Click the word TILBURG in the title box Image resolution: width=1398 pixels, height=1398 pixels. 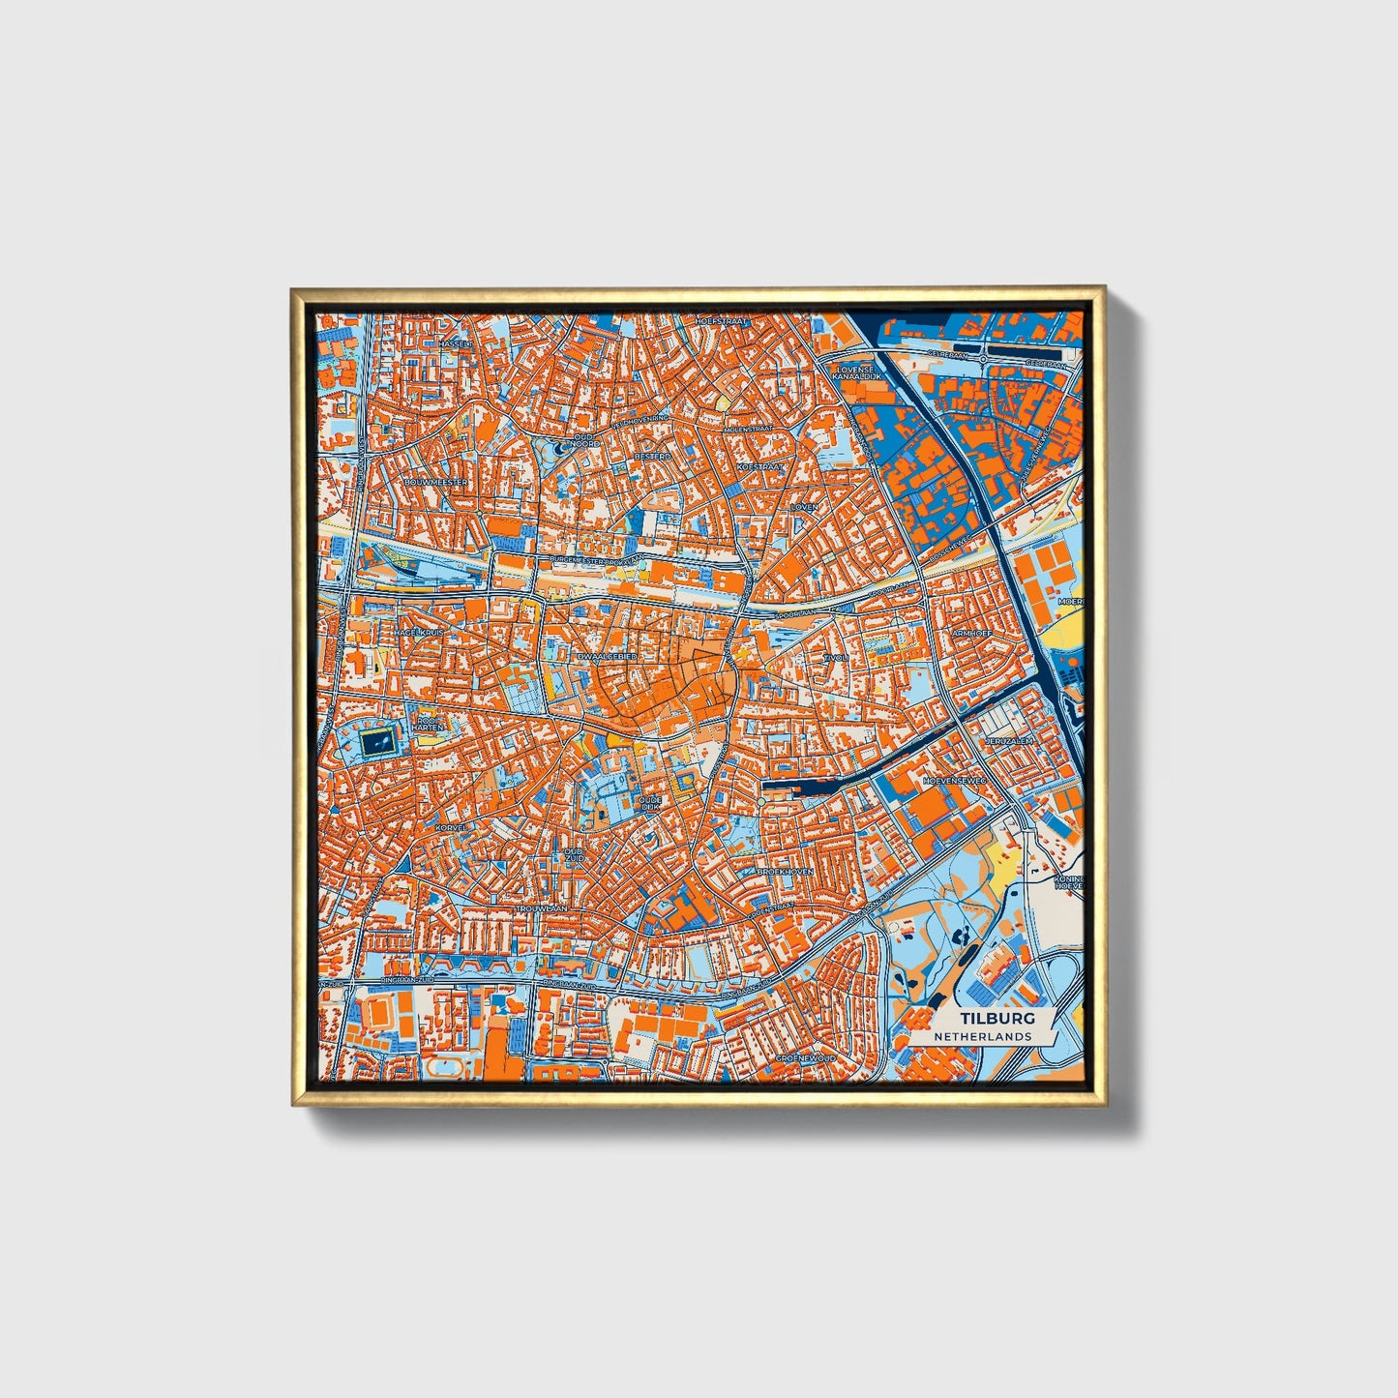point(997,1019)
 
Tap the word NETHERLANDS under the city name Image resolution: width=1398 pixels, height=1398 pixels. point(982,1036)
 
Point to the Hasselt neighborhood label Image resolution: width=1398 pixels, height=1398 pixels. point(455,343)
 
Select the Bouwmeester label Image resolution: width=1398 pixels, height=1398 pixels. point(436,481)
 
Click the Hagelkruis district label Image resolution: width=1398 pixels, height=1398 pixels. point(419,632)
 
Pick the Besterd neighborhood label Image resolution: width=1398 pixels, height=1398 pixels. point(652,455)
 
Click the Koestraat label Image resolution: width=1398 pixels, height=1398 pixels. point(759,466)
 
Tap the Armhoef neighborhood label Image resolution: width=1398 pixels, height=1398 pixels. point(972,633)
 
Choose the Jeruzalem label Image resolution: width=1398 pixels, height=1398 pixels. point(1009,740)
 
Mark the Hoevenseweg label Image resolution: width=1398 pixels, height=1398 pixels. point(954,779)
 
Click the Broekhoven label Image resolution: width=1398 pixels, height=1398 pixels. point(786,871)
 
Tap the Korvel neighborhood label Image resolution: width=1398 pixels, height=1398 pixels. point(451,829)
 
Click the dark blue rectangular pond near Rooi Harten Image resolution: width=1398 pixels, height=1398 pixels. point(377,743)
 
